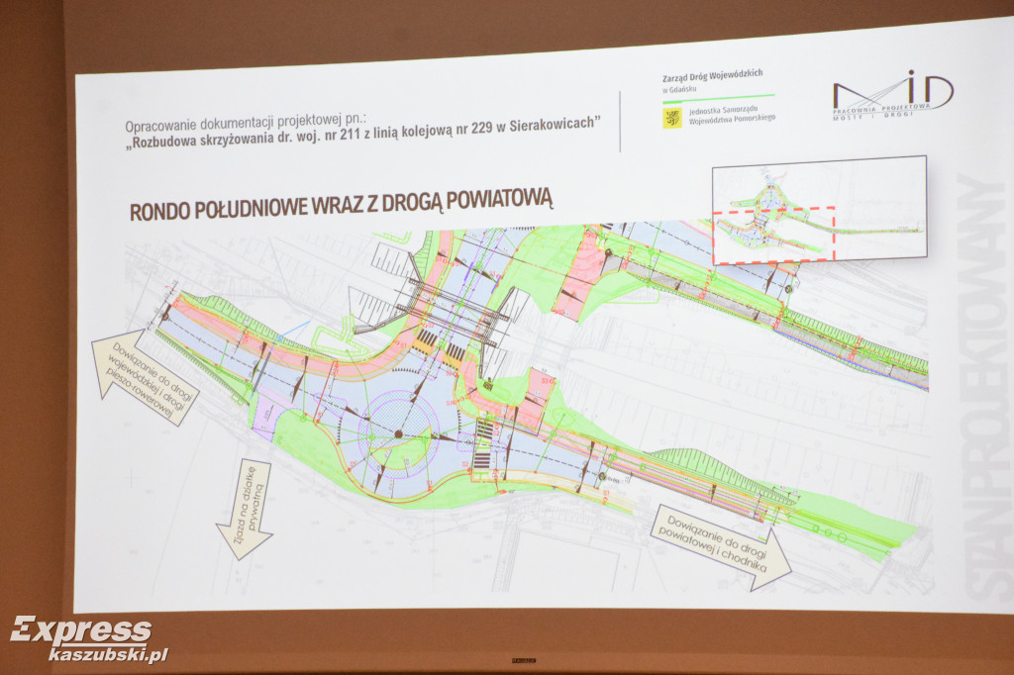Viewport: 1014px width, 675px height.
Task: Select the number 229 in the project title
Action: pyautogui.click(x=493, y=125)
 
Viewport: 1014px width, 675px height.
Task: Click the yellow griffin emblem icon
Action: pyautogui.click(x=671, y=119)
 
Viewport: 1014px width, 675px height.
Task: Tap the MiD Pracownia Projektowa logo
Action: pyautogui.click(x=892, y=96)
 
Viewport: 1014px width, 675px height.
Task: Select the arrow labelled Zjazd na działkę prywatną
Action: pyautogui.click(x=246, y=509)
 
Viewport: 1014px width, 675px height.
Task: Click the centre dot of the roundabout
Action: pyautogui.click(x=398, y=434)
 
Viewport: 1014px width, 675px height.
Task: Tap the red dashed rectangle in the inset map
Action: pyautogui.click(x=773, y=234)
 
